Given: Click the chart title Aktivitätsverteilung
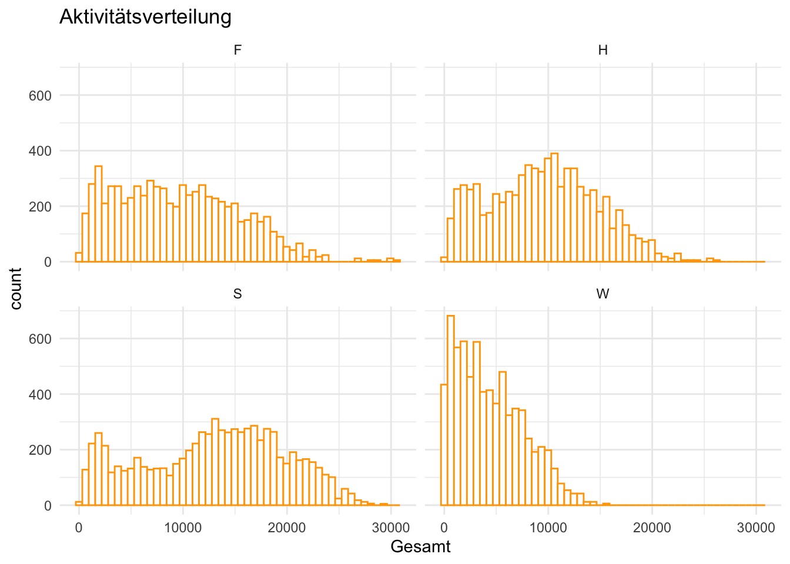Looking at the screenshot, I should tap(145, 17).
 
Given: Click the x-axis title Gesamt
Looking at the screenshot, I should tap(420, 546).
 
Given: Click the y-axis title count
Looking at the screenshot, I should tap(16, 288).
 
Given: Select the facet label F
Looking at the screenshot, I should tap(237, 51).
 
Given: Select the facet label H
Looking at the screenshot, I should tap(602, 51).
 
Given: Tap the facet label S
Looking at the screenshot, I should tap(237, 294).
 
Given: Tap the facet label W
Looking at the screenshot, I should tap(602, 294).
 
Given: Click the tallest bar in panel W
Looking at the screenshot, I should tap(451, 411).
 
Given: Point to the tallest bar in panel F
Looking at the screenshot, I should tap(98, 214).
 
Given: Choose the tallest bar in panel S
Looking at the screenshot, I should tap(215, 462).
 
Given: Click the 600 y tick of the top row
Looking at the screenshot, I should tap(40, 96).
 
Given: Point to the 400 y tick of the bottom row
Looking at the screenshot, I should tap(40, 394).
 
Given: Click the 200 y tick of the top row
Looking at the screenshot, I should tap(40, 207).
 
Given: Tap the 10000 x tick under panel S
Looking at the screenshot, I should tap(183, 528).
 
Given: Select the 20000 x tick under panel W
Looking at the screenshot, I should tap(652, 528).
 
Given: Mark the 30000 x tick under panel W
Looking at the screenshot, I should tap(756, 528).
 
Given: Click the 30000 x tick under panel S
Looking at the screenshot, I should tap(391, 528).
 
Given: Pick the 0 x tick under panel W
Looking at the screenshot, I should tap(444, 528).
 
